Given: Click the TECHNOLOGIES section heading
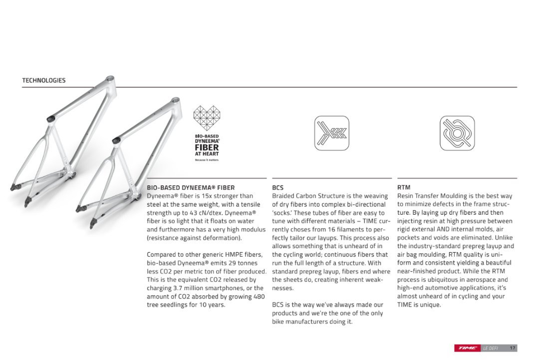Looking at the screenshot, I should tap(43, 80).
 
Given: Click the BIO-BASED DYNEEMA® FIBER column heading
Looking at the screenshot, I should tap(190, 188).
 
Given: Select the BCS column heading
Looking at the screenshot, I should tap(277, 188).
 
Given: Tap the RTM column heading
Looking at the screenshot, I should tap(404, 188).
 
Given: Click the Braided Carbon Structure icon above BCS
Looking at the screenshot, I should tap(331, 133).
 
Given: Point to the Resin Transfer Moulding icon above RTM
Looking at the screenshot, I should tap(457, 133).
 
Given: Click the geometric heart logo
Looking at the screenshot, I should tap(207, 119).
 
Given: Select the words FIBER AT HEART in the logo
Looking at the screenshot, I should tap(207, 150).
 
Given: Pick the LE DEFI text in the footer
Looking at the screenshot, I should tap(491, 348).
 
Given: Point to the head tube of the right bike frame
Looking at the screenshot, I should tap(176, 102).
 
